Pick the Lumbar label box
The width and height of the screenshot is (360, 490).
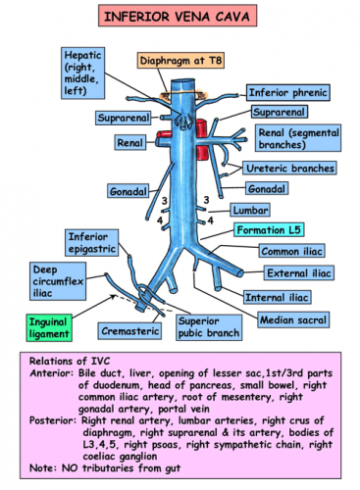pos(247,210)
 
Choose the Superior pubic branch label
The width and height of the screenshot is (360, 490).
pos(210,327)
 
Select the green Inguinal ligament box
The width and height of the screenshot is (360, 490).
pos(45,327)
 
